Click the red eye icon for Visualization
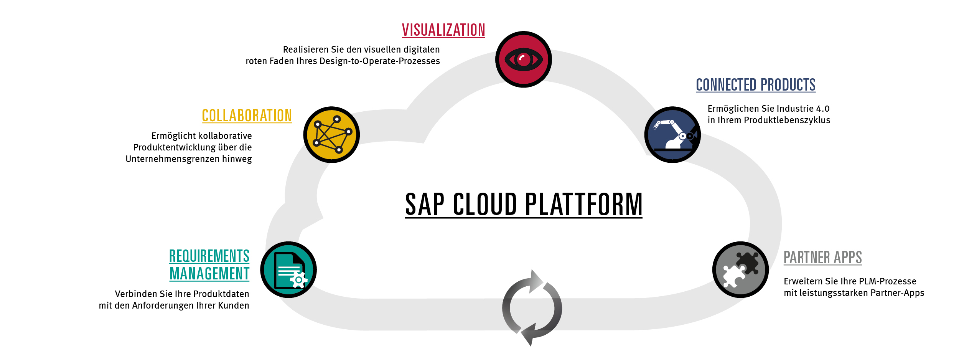(524, 59)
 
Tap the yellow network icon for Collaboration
(331, 135)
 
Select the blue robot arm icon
(672, 135)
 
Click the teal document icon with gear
(288, 270)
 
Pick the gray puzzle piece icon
(740, 270)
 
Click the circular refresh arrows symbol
(532, 308)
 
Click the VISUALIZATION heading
(443, 30)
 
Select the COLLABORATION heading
(247, 116)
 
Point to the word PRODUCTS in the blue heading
(788, 85)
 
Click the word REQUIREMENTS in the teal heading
(209, 256)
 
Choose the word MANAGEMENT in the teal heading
(209, 274)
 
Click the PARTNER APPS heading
(823, 258)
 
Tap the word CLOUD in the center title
(485, 204)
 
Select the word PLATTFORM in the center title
(583, 204)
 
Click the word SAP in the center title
(425, 204)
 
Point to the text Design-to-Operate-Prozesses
(380, 61)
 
